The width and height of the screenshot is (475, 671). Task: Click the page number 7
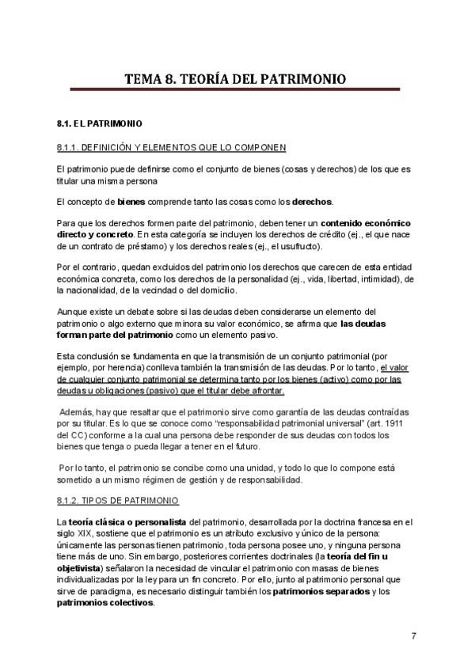(414, 636)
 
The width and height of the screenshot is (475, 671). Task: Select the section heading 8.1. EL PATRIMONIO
(100, 124)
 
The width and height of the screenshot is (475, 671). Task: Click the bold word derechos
(312, 201)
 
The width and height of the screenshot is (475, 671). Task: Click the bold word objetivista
(78, 569)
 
